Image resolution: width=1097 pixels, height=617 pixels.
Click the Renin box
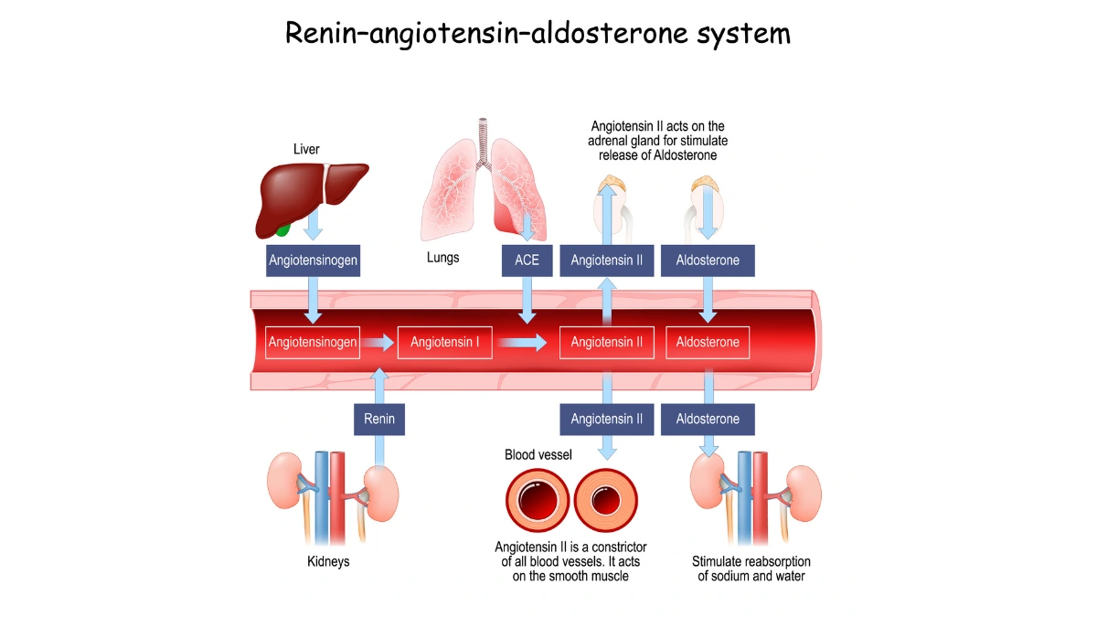[379, 419]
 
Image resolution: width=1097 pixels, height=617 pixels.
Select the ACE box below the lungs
[527, 261]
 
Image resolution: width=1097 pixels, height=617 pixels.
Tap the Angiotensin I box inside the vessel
[445, 343]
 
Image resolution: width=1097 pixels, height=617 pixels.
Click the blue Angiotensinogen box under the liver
[313, 261]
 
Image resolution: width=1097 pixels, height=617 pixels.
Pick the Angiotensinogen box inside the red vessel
[313, 343]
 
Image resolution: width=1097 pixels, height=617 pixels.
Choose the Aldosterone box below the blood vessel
[708, 419]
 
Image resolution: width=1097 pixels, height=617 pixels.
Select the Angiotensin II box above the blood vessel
[606, 261]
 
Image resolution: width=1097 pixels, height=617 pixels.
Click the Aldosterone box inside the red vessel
[708, 343]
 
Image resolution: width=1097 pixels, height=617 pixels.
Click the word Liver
[306, 149]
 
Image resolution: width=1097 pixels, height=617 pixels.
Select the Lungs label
[443, 258]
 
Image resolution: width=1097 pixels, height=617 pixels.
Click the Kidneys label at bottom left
[328, 561]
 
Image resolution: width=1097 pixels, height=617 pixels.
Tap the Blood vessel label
[538, 454]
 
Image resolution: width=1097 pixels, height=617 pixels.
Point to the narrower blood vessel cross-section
[605, 501]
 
